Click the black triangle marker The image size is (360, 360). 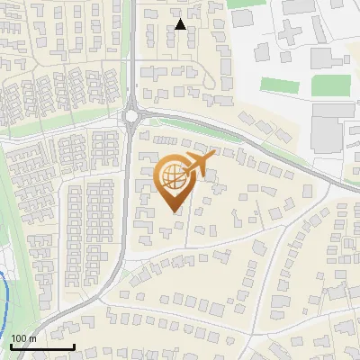(181, 24)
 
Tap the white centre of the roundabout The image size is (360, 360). (133, 115)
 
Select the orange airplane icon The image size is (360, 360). (199, 163)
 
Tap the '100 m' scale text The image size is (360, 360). (24, 338)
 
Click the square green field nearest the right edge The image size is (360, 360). (330, 85)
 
